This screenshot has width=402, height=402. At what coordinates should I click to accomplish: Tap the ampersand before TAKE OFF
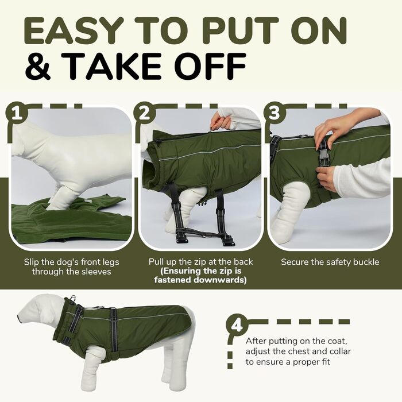(x=38, y=65)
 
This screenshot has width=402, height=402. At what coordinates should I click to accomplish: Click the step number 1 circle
(x=17, y=113)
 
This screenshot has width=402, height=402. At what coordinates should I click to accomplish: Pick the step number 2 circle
(x=145, y=113)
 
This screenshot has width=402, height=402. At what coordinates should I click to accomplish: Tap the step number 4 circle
(x=237, y=326)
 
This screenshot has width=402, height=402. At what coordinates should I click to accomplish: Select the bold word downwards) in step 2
(x=220, y=280)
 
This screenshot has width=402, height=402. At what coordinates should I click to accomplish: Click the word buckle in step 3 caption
(x=366, y=262)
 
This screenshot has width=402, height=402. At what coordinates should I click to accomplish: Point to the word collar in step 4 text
(x=338, y=351)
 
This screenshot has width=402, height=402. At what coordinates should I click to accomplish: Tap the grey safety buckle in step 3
(x=323, y=158)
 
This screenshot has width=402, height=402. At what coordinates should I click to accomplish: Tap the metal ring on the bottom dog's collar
(x=74, y=299)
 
